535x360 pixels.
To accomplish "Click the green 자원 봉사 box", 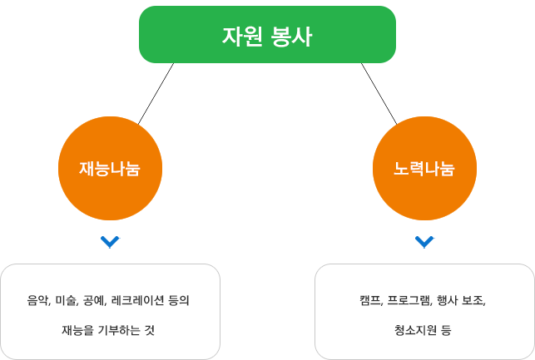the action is click(267, 34).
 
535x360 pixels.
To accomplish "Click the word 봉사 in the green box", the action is click(292, 36).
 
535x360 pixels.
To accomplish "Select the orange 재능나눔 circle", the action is click(110, 169).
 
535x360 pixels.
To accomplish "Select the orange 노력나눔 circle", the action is click(424, 169).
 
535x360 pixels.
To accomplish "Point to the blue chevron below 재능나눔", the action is click(110, 242).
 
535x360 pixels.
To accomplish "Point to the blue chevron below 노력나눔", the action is click(424, 242).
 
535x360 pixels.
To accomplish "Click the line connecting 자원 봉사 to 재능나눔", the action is click(156, 94).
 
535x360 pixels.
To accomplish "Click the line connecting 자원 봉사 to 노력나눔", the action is click(379, 94).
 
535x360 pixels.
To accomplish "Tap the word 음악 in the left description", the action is click(39, 301).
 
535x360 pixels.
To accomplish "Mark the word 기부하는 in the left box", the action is click(119, 330).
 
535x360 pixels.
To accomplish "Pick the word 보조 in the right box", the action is click(474, 301).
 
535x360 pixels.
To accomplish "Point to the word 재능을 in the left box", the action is click(77, 330).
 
